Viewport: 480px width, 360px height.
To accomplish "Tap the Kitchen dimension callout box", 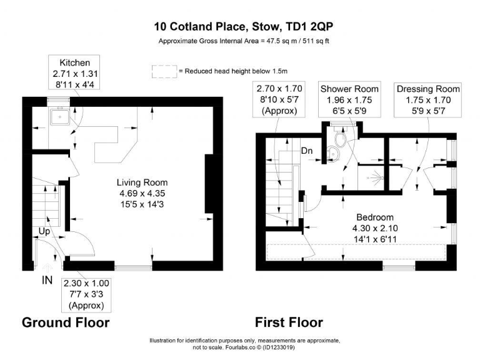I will (x=75, y=74).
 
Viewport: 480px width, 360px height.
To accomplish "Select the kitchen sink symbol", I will (x=61, y=115).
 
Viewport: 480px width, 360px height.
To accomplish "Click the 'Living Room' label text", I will (x=142, y=182).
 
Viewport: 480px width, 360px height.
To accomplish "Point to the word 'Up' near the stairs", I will (x=44, y=231).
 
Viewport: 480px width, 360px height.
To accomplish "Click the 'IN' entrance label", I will (x=47, y=281).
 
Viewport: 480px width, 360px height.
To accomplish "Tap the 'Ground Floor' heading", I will (x=66, y=322).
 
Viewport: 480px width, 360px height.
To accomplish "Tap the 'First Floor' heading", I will (x=289, y=322).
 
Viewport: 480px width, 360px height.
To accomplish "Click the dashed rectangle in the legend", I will (x=164, y=71).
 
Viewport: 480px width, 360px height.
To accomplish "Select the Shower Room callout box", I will (x=346, y=98).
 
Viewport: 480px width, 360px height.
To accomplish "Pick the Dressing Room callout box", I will (x=428, y=98).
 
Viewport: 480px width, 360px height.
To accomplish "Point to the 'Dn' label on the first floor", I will (x=307, y=151).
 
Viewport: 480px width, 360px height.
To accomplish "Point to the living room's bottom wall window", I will (x=133, y=267).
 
